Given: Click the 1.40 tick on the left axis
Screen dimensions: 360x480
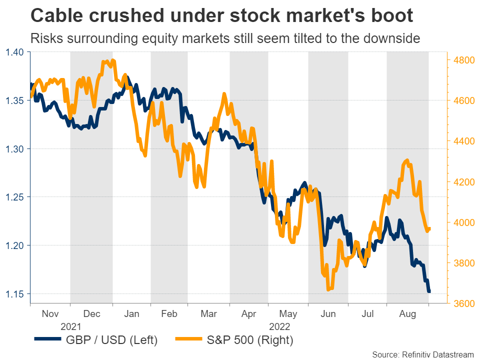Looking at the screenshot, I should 15,52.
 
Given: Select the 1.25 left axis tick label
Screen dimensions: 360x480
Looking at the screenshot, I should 15,197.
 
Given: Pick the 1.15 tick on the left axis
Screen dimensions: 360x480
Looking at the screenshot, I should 15,293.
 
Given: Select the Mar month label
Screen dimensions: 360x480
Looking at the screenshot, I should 208,314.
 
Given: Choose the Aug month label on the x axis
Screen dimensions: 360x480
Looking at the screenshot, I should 407,314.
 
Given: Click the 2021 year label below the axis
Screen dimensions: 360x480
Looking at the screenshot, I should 70,326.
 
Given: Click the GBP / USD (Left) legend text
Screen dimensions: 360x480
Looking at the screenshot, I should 112,340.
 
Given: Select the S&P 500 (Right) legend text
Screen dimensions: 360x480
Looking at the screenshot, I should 250,340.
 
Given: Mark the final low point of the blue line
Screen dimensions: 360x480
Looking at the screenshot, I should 428,291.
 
